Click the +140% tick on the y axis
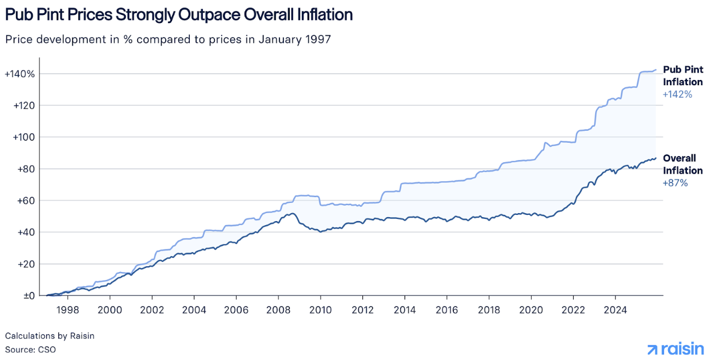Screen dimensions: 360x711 pos(19,74)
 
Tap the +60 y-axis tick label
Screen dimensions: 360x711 pos(25,201)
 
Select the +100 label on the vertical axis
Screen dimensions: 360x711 pos(22,137)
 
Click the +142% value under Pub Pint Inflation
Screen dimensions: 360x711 pos(677,94)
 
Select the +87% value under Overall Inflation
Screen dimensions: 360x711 pos(675,183)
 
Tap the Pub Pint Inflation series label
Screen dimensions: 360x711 pos(682,75)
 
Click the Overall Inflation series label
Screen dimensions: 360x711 pos(682,165)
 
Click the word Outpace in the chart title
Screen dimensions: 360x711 pos(208,15)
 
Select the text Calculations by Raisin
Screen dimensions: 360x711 pos(50,336)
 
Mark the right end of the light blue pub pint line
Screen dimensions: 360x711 pos(656,70)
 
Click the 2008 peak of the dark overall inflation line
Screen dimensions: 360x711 pos(292,214)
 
